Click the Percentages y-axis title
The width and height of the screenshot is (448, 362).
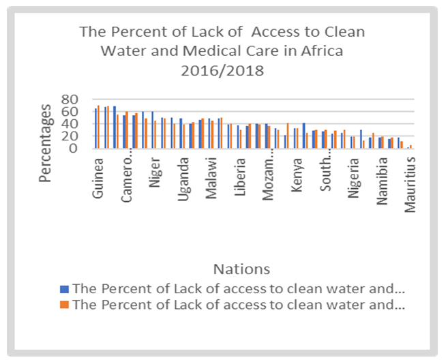click(45, 142)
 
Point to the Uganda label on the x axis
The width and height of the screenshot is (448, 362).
click(184, 181)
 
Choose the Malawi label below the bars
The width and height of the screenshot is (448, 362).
click(213, 181)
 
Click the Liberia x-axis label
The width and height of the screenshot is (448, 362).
click(241, 181)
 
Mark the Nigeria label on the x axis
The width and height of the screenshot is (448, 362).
click(354, 181)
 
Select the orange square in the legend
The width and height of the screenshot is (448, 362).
click(65, 305)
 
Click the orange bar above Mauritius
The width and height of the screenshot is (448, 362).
click(410, 147)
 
